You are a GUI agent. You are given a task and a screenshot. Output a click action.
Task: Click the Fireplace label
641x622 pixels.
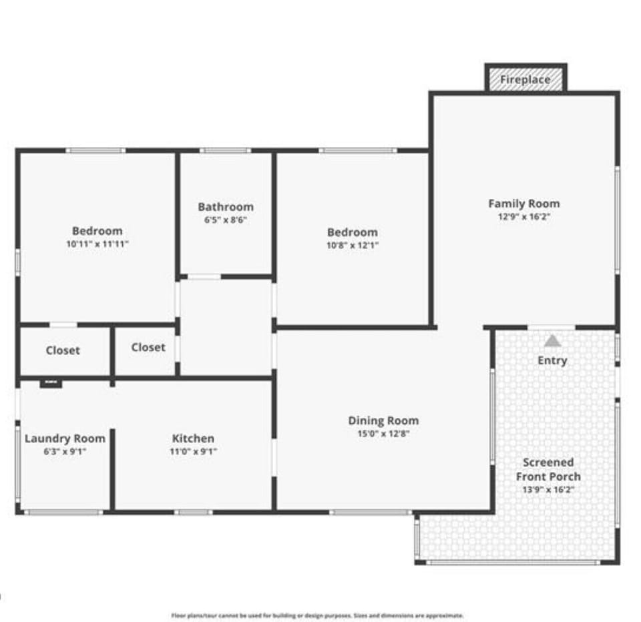pyautogui.click(x=525, y=80)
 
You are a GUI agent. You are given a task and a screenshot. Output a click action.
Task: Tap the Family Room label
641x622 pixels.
pyautogui.click(x=524, y=204)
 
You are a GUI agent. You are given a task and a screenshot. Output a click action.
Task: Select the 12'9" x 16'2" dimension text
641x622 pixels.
pyautogui.click(x=524, y=217)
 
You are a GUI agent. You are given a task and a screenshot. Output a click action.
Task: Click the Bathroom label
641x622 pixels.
pyautogui.click(x=226, y=207)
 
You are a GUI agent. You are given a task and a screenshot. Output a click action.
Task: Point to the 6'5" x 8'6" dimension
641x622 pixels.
pyautogui.click(x=226, y=220)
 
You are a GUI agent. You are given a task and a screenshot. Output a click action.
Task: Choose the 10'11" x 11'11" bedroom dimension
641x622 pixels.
pyautogui.click(x=97, y=244)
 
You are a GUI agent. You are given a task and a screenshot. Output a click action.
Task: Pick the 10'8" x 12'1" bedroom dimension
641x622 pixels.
pyautogui.click(x=353, y=245)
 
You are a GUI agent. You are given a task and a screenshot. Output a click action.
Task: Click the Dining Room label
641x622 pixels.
pyautogui.click(x=383, y=420)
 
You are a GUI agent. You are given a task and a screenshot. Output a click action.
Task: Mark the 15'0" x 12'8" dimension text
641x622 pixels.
pyautogui.click(x=383, y=434)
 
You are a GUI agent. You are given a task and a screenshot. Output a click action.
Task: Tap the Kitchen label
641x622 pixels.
pyautogui.click(x=194, y=438)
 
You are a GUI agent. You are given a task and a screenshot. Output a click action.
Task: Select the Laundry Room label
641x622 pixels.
pyautogui.click(x=65, y=438)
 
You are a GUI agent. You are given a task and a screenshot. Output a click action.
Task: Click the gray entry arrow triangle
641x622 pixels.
pyautogui.click(x=552, y=341)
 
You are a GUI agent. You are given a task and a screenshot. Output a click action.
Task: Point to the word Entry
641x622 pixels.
pyautogui.click(x=552, y=360)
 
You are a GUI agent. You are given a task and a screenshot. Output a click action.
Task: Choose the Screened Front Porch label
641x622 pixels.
pyautogui.click(x=548, y=469)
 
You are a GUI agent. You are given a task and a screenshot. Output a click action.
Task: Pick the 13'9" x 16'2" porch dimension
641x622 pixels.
pyautogui.click(x=548, y=489)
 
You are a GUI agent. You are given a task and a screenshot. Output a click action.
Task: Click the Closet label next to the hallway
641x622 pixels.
pyautogui.click(x=148, y=347)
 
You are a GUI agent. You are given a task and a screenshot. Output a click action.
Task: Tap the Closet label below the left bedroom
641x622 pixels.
pyautogui.click(x=63, y=350)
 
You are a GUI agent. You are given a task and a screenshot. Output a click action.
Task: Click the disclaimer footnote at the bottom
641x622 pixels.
pyautogui.click(x=317, y=615)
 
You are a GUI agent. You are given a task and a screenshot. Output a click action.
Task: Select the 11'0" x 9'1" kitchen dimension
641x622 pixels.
pyautogui.click(x=194, y=451)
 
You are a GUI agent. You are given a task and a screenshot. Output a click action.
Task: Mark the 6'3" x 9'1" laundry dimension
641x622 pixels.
pyautogui.click(x=65, y=451)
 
